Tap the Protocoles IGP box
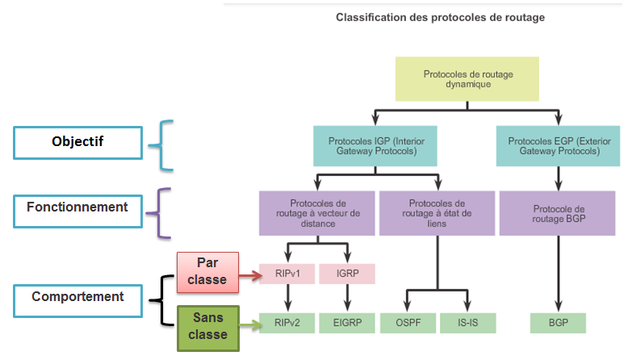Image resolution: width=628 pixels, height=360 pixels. pos(376,146)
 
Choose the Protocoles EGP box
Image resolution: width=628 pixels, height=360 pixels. pos(558,146)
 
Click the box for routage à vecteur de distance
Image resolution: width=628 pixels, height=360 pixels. pos(317,213)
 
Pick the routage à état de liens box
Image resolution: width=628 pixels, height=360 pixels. pos(437,213)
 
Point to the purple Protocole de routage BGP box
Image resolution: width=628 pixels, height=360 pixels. pos(558,213)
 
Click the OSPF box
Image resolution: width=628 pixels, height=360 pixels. pos(407,323)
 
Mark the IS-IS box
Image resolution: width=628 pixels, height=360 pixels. pos(468,323)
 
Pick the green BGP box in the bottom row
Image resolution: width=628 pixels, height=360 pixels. pos(558,323)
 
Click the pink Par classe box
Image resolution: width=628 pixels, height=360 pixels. pos(208,273)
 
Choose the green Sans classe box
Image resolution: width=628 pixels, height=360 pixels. pos(208,327)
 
